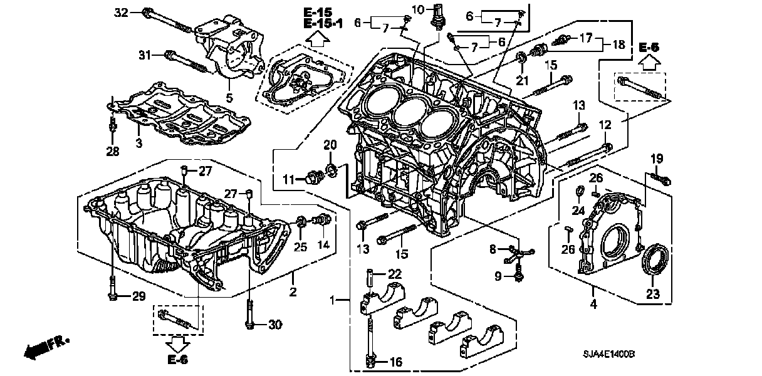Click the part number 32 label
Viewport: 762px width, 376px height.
click(121, 13)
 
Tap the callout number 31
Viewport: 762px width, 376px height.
click(145, 56)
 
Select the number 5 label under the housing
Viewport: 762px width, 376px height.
click(229, 98)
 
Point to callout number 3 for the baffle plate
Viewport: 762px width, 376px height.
click(139, 144)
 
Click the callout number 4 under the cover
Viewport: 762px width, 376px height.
click(593, 305)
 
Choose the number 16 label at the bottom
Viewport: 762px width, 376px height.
click(395, 362)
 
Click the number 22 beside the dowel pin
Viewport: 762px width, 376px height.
click(393, 273)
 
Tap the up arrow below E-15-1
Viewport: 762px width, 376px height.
click(318, 39)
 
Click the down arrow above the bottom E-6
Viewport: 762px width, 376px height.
click(177, 342)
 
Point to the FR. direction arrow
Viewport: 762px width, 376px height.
click(41, 347)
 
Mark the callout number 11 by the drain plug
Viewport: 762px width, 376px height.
click(288, 180)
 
